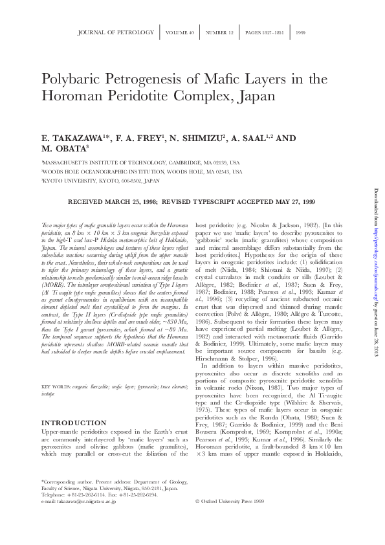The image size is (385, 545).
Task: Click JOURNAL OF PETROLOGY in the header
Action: [x=116, y=32]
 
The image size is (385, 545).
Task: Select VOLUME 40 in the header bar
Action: [x=179, y=32]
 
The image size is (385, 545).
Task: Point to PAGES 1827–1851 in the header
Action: [x=265, y=32]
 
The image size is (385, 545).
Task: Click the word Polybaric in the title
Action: [x=69, y=80]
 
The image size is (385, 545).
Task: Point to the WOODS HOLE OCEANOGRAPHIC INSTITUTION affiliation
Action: [x=142, y=172]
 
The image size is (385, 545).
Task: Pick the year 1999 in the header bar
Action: [x=300, y=32]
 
